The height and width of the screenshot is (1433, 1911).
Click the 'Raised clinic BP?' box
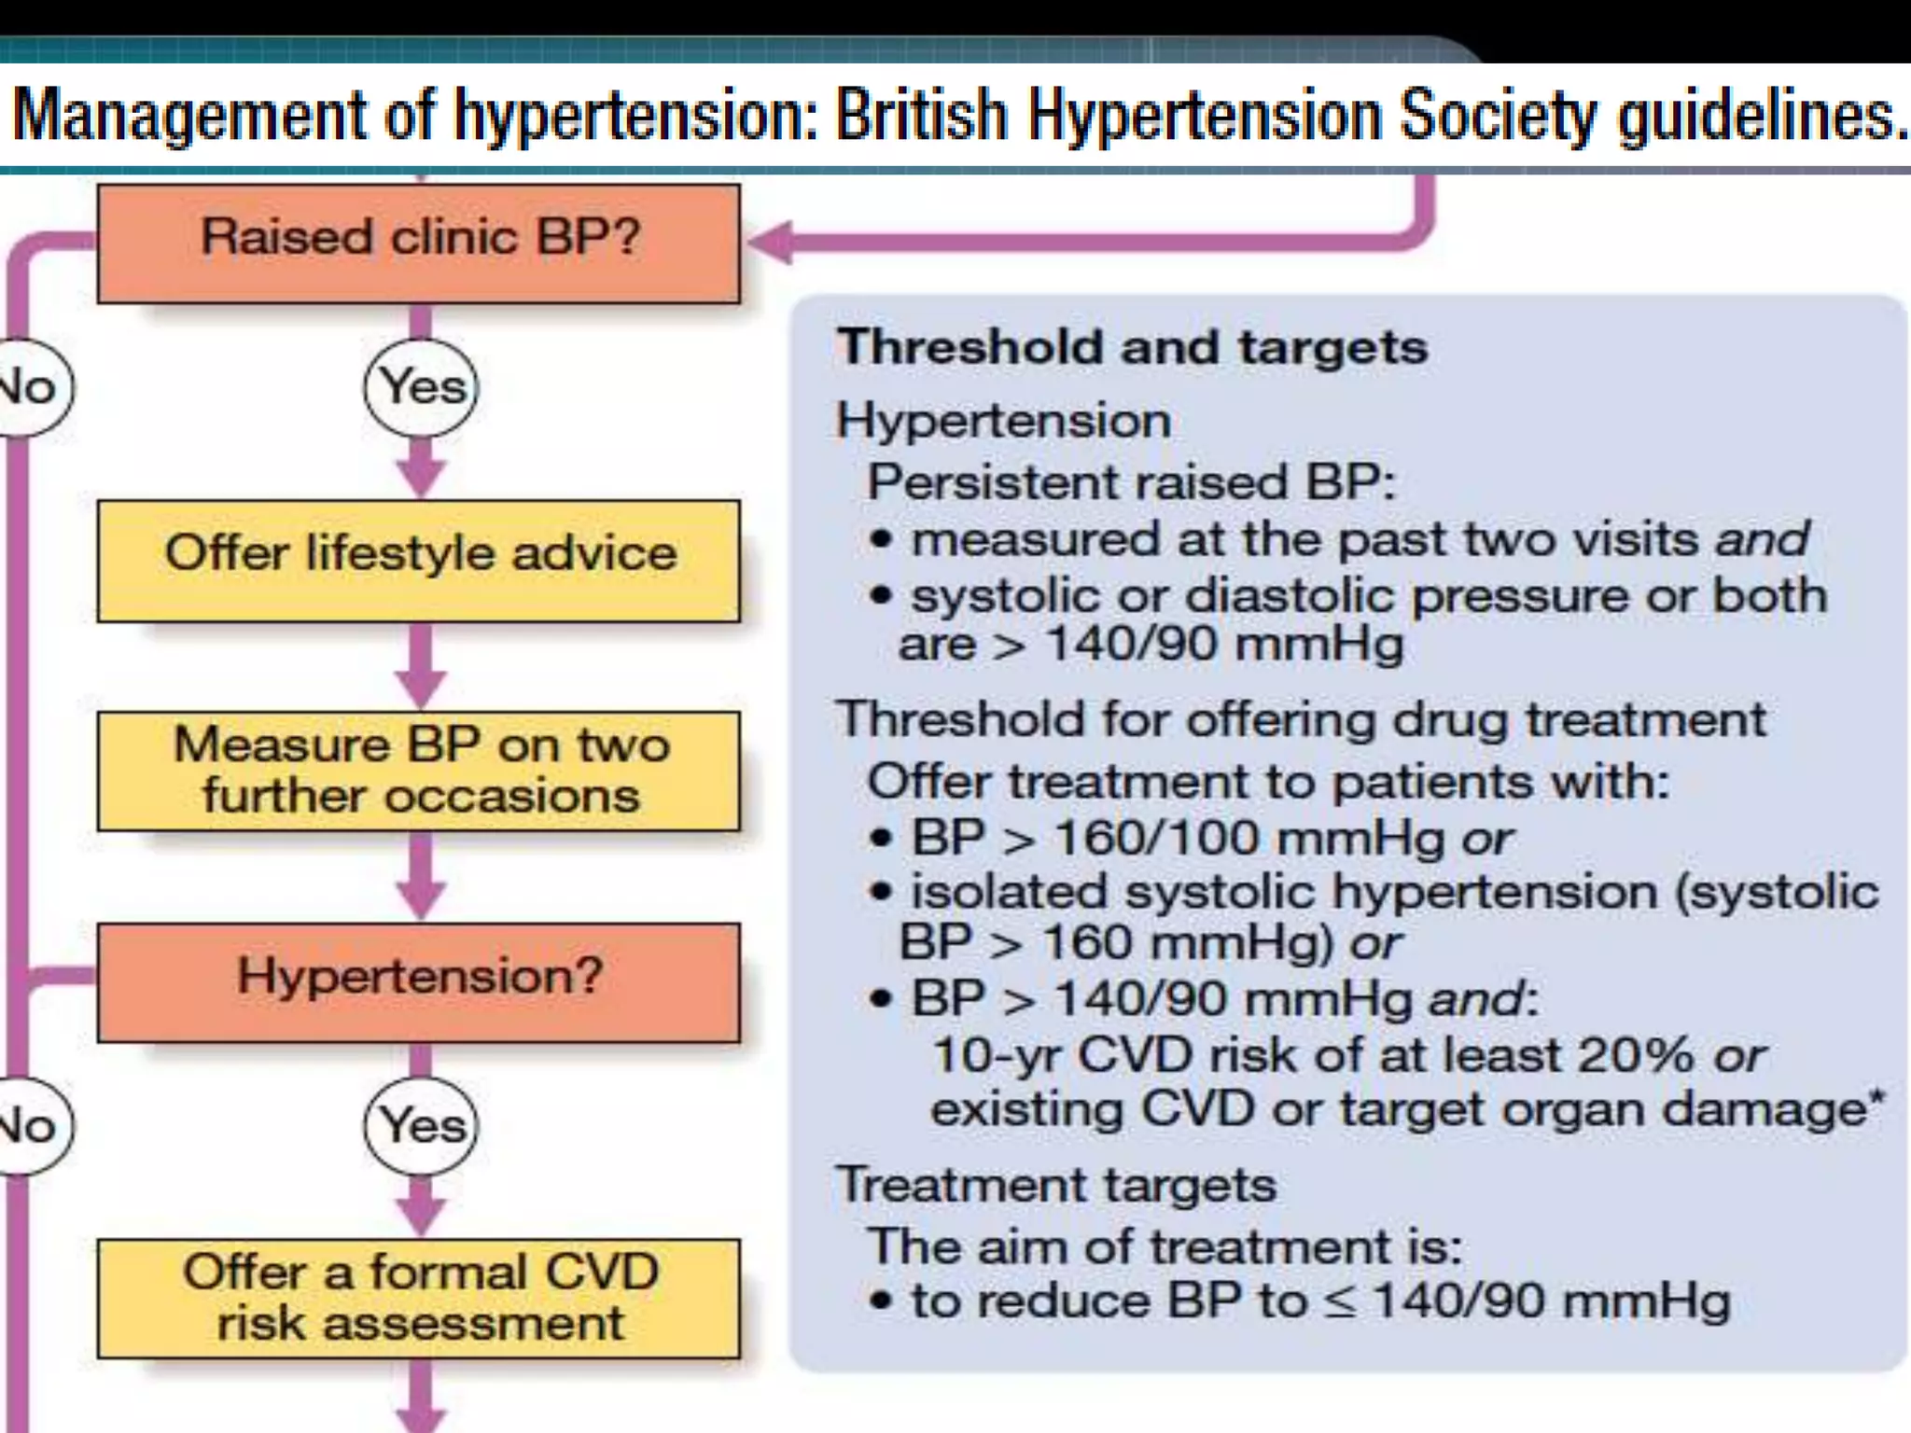coord(419,243)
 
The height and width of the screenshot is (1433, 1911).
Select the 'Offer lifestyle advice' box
coord(419,560)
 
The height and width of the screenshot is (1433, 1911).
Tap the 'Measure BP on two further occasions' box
coord(419,771)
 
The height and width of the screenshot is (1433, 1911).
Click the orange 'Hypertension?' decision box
coord(419,981)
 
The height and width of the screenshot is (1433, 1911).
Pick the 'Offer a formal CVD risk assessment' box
coord(419,1298)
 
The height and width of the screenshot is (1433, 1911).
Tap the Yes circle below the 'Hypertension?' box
coord(422,1125)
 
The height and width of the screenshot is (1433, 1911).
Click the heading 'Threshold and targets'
coord(1132,348)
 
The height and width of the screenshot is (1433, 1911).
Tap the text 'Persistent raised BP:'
coord(1131,483)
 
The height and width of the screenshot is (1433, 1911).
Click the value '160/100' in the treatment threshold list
coord(1155,838)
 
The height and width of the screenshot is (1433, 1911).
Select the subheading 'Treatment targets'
coord(1055,1186)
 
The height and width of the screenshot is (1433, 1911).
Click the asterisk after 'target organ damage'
coord(1876,1099)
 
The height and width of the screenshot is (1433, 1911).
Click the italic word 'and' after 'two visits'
coord(1762,540)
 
